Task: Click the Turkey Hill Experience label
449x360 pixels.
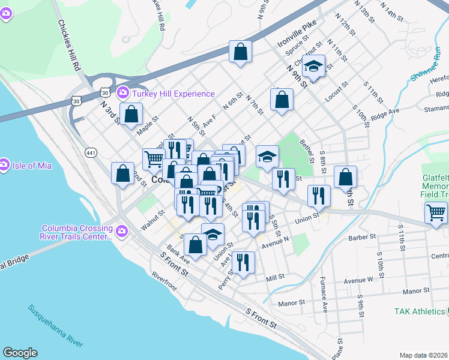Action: [173, 94]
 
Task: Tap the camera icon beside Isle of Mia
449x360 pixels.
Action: [4, 163]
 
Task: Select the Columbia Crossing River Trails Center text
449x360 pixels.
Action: [77, 232]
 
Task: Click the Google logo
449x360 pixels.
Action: [20, 353]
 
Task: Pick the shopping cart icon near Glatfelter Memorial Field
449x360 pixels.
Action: [436, 212]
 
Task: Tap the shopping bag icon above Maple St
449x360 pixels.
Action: [131, 114]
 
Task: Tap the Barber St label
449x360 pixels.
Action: [361, 237]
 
